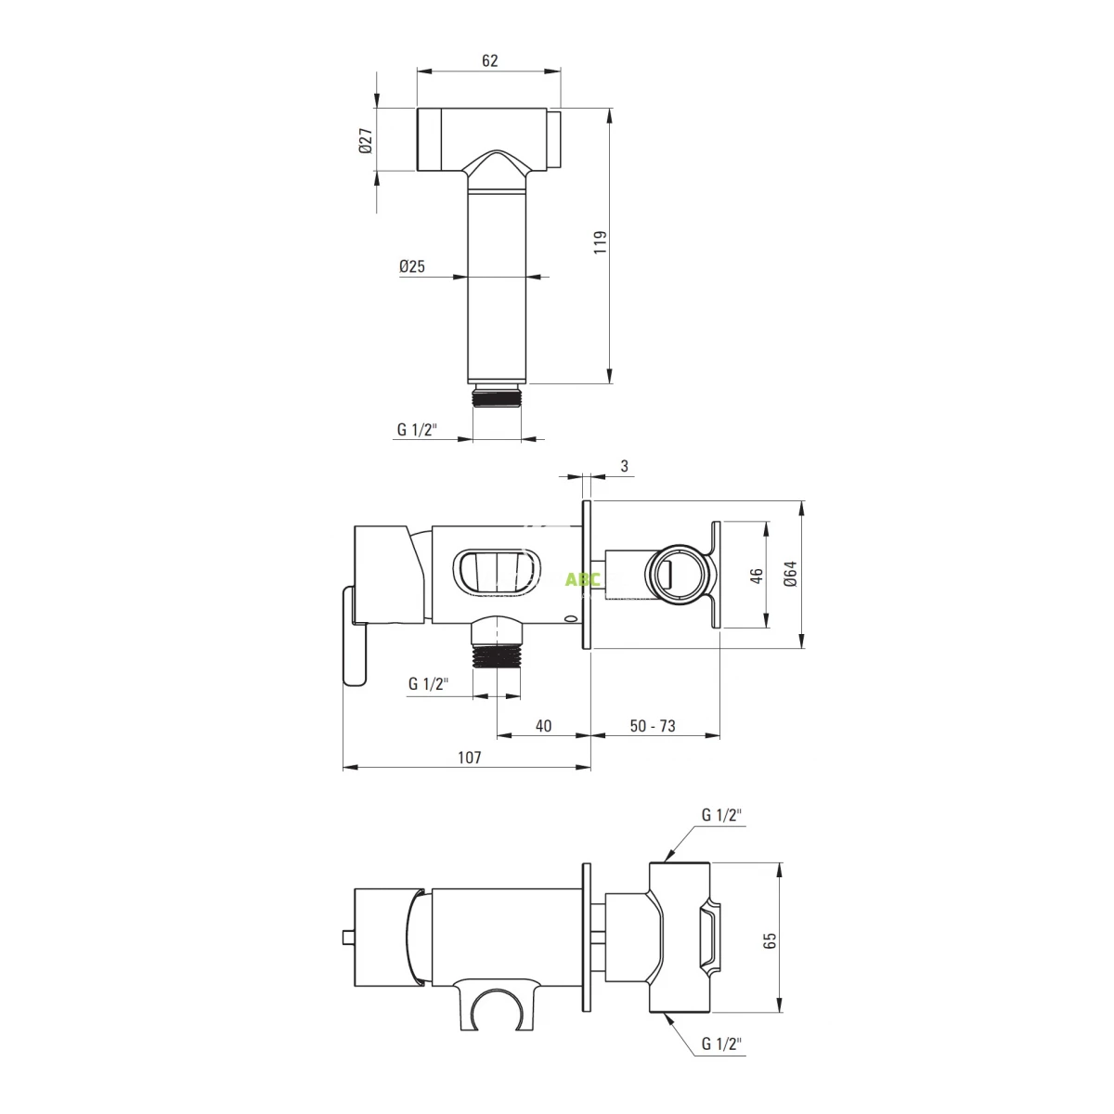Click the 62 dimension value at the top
click(x=489, y=60)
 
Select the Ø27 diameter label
click(x=366, y=141)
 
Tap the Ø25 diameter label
click(x=411, y=266)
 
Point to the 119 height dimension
click(x=601, y=242)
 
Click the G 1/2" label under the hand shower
click(x=417, y=429)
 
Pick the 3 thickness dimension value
click(x=624, y=466)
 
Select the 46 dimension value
click(x=757, y=576)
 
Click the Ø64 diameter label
click(x=790, y=574)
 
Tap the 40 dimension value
click(x=543, y=726)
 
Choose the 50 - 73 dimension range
click(x=653, y=726)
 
